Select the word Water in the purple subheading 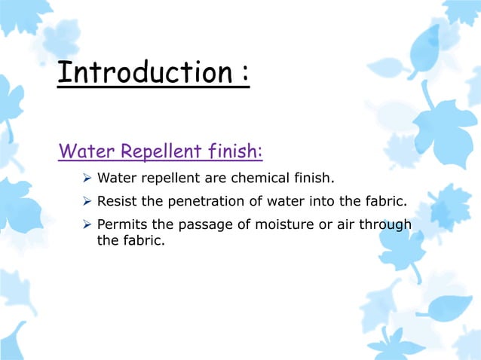(84, 152)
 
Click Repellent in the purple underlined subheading (159, 152)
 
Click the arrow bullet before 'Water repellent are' (87, 178)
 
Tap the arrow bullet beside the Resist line (87, 201)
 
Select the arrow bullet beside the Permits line (87, 224)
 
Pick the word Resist (117, 201)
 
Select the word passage (202, 224)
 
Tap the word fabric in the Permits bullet (143, 243)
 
